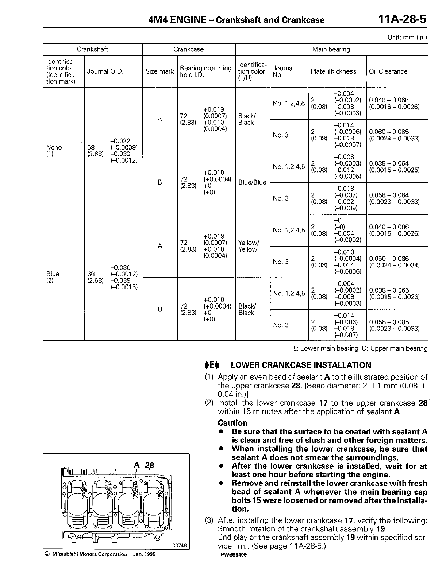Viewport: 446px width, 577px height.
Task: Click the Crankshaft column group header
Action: [92, 49]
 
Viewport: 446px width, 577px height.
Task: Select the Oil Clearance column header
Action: [388, 71]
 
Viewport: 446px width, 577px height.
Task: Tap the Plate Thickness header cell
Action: [333, 71]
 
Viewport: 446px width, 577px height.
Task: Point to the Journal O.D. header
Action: [105, 71]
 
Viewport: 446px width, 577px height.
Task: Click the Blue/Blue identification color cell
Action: [252, 182]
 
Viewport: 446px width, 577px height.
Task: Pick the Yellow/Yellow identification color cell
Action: [248, 246]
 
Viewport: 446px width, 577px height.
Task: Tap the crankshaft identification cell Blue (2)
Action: [53, 277]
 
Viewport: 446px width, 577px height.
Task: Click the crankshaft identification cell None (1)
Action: [54, 151]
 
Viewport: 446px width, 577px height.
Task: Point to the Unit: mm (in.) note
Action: [407, 38]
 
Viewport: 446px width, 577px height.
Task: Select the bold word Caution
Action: [232, 423]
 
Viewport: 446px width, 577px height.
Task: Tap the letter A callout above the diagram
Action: [137, 465]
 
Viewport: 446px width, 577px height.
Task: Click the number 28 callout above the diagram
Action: [150, 465]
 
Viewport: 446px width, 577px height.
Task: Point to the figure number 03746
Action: [180, 546]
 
